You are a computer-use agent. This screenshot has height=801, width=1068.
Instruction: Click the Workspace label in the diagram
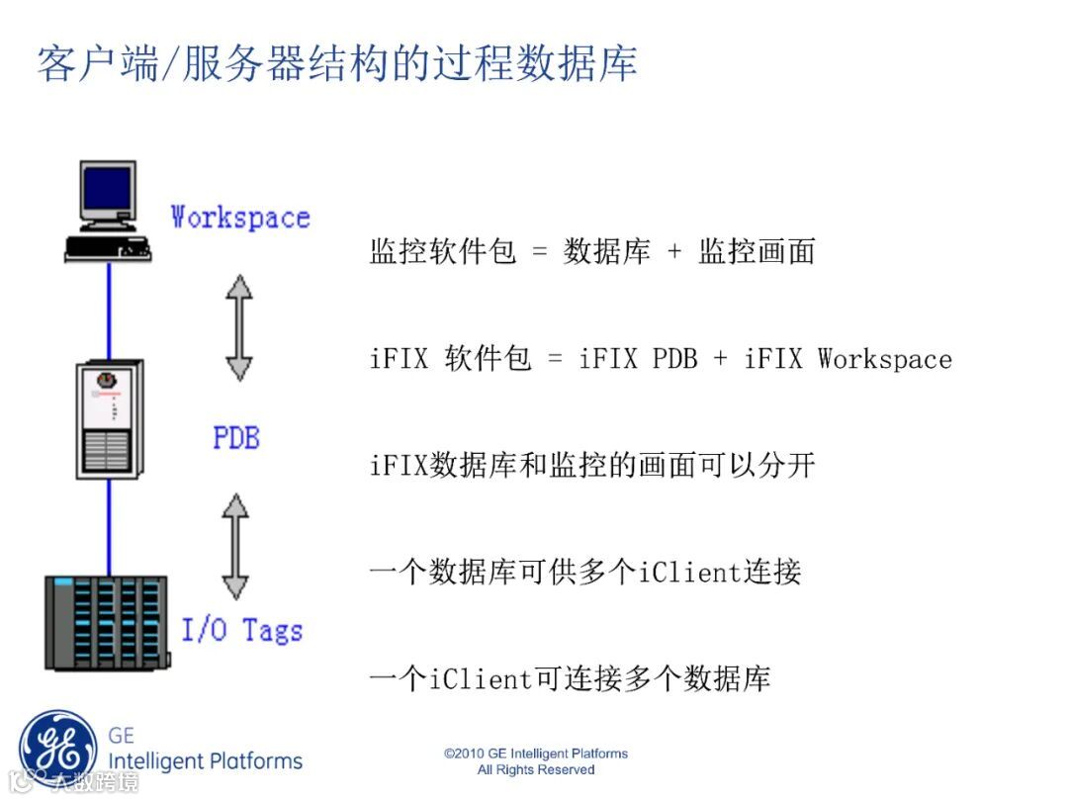coord(240,217)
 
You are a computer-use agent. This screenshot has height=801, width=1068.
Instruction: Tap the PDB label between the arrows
coord(236,436)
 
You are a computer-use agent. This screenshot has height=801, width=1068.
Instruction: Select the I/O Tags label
coord(242,629)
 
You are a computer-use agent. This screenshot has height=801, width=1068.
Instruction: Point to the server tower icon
coord(110,419)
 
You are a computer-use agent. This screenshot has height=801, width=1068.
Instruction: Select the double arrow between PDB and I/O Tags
coord(234,547)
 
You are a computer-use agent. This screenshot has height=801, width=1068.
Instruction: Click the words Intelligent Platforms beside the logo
coord(205,760)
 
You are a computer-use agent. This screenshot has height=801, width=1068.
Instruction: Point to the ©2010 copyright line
coord(536,754)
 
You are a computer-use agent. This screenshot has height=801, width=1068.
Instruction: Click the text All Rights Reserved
coord(536,769)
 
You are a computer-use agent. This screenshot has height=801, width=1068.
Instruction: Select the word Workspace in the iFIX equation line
coord(884,358)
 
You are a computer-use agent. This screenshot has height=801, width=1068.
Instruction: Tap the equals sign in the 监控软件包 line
coord(539,252)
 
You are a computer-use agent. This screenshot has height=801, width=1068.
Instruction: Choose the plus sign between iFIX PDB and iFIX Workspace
coord(720,358)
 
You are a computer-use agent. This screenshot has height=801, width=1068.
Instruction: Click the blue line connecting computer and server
coord(108,311)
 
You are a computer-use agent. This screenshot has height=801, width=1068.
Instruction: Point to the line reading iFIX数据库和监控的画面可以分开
coord(592,465)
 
